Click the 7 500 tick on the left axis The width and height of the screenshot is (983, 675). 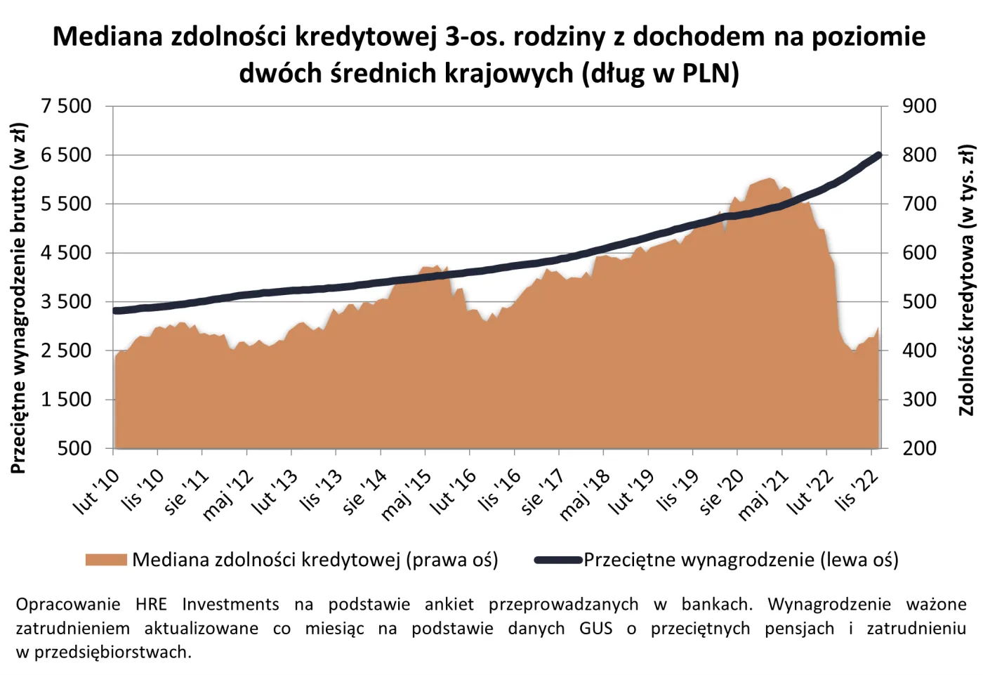[x=66, y=106]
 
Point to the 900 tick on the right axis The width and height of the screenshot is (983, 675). [x=919, y=106]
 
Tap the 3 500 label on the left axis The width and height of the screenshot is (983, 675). [x=66, y=301]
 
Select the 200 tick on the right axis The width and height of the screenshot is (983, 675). [x=919, y=448]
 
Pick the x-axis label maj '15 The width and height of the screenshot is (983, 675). [x=407, y=496]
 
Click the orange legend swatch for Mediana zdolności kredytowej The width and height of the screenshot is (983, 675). [x=106, y=560]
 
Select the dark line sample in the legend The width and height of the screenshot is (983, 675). [x=558, y=560]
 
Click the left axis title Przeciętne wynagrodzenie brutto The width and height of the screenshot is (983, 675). [x=18, y=298]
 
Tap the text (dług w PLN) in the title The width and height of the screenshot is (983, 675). [x=660, y=73]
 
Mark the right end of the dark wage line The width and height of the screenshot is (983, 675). [x=878, y=155]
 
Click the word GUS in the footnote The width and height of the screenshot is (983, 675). [x=595, y=628]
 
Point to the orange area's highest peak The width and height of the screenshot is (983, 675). [x=768, y=179]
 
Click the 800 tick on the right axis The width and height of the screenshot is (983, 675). [x=919, y=155]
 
